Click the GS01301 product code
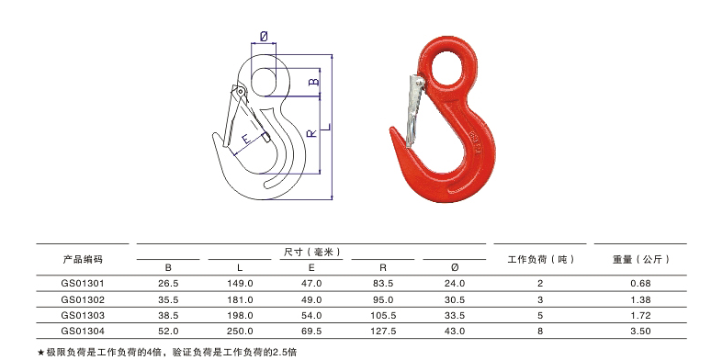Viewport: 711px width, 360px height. coord(83,284)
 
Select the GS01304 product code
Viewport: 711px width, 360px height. coord(83,329)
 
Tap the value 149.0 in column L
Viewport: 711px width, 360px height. coord(239,284)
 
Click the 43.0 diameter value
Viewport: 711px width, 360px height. coord(455,329)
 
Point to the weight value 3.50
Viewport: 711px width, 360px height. coord(641,329)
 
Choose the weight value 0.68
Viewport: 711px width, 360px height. coord(641,284)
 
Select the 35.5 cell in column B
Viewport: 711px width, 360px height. coord(167,299)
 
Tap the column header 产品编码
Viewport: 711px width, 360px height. coord(83,259)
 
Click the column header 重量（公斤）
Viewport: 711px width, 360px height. coord(641,259)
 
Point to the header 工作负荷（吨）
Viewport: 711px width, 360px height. coord(541,259)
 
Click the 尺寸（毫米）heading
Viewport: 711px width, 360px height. coord(311,251)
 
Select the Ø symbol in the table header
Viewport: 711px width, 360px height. coord(455,267)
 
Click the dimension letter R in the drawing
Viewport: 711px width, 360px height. coord(312,133)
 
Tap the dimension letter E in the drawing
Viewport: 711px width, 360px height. coord(246,139)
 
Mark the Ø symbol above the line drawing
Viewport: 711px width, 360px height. coord(265,36)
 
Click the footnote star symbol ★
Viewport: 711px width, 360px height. coord(41,352)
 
